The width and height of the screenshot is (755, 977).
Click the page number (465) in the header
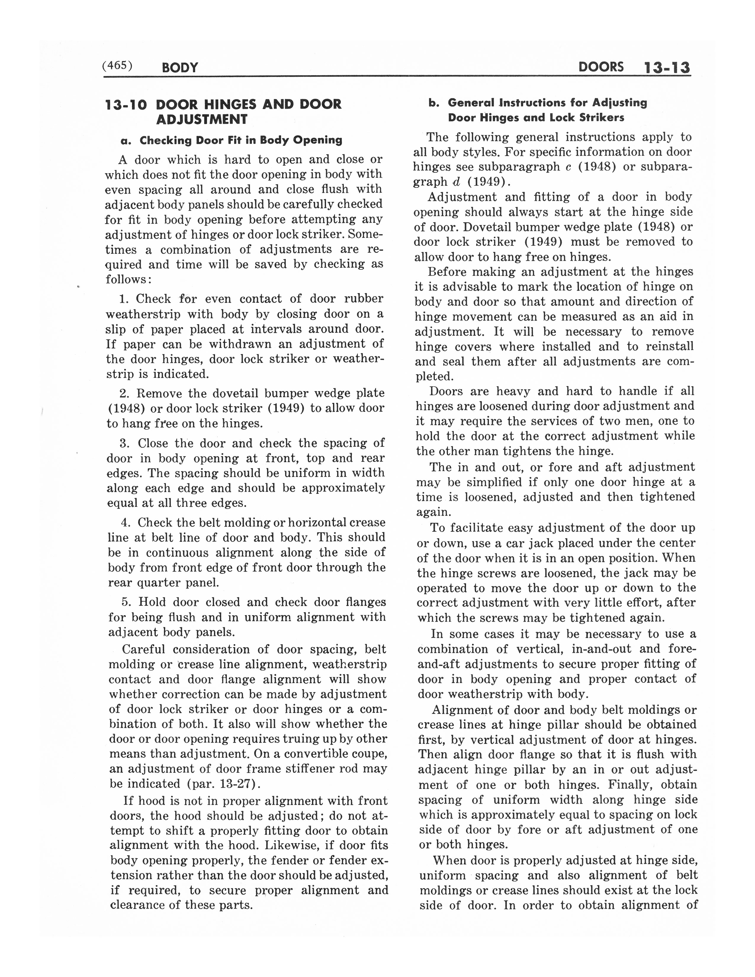118,65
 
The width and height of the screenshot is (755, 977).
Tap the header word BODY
179,68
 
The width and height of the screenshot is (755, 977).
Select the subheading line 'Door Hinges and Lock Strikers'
536,118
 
